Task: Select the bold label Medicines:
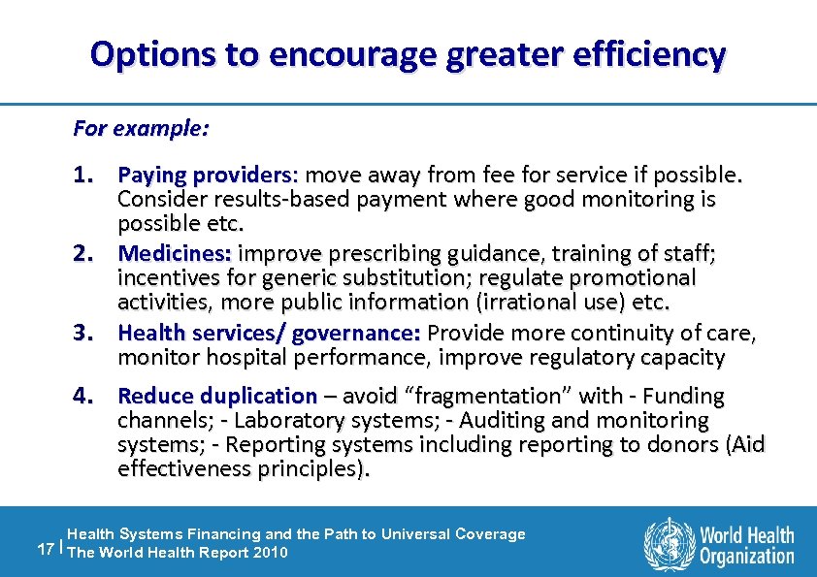point(175,254)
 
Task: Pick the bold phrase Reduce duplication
point(217,397)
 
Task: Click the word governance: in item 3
point(356,334)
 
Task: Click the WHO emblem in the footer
point(669,542)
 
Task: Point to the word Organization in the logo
point(747,556)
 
